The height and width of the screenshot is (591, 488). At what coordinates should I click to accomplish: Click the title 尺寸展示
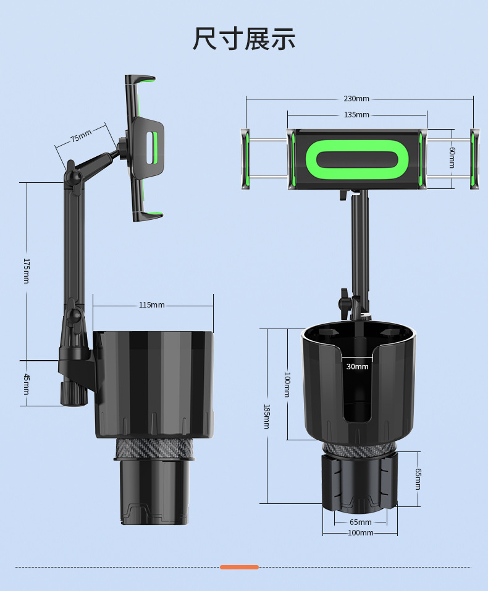[x=243, y=39]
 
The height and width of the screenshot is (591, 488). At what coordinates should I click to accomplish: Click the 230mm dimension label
[x=356, y=99]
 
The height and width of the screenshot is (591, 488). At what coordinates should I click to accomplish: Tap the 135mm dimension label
[x=356, y=115]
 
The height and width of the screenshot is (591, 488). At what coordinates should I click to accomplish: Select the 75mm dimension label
[x=81, y=136]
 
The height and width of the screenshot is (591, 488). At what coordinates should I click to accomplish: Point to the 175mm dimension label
[x=27, y=270]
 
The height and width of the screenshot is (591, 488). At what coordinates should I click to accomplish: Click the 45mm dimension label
[x=27, y=384]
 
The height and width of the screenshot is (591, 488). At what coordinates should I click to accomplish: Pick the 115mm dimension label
[x=151, y=305]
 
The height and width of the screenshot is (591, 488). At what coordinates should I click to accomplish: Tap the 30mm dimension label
[x=357, y=366]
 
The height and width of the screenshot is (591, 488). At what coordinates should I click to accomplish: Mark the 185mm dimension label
[x=267, y=416]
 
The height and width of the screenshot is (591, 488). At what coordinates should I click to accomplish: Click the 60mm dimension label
[x=452, y=157]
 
